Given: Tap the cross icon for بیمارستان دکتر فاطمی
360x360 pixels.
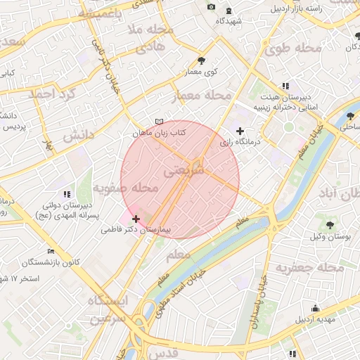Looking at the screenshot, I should click(136, 219).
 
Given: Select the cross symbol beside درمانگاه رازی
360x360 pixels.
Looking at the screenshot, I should click(240, 131).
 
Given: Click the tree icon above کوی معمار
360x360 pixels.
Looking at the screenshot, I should click(202, 60).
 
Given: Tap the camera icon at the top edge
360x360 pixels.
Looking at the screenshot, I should click(212, 7).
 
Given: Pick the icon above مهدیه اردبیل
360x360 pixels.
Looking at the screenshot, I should click(315, 308).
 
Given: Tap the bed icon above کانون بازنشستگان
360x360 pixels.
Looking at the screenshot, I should click(51, 251).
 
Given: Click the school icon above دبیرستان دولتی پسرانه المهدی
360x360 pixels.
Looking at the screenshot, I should click(67, 194).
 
